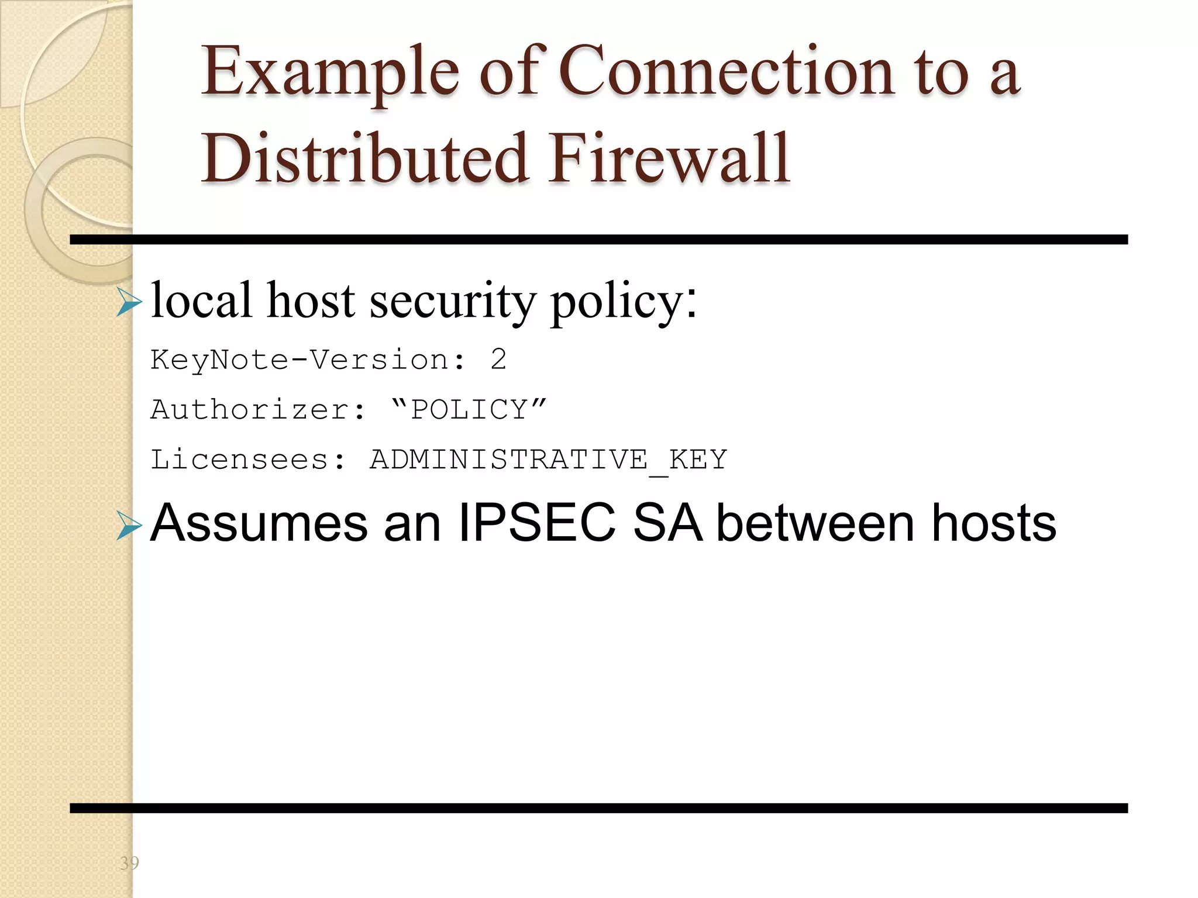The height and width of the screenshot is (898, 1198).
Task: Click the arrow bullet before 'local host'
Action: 129,302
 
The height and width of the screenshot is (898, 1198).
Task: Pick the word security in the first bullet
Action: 452,301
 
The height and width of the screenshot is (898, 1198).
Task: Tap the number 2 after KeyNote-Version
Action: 498,360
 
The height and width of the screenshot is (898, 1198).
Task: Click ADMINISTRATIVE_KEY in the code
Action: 548,460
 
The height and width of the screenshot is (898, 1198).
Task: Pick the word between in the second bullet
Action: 815,523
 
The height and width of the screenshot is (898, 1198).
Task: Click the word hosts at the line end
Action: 994,523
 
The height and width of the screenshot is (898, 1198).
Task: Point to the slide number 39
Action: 129,863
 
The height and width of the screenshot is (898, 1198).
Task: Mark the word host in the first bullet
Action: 311,301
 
